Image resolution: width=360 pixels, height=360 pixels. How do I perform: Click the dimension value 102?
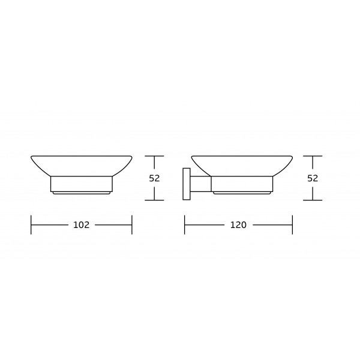[x=81, y=225]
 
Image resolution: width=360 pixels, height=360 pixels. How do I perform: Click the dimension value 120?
[x=238, y=225]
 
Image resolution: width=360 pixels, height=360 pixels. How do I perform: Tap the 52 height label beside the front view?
[x=154, y=178]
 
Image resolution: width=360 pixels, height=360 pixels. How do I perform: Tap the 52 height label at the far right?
[x=313, y=178]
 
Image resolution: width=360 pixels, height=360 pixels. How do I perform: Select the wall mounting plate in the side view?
[x=187, y=184]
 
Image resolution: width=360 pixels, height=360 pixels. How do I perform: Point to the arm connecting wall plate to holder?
[x=200, y=184]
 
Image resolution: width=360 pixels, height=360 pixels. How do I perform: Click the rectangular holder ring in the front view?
[x=81, y=184]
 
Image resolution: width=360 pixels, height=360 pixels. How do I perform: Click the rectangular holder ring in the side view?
[x=242, y=184]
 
